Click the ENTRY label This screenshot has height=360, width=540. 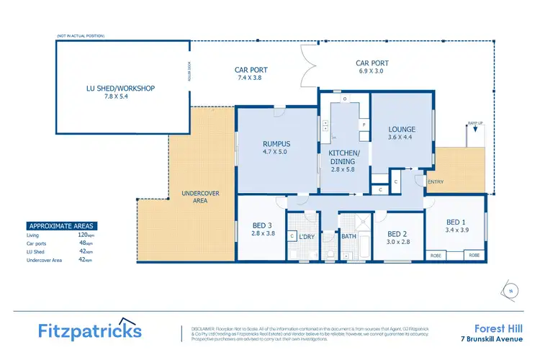point(436,181)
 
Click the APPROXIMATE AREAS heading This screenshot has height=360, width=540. point(60,225)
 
